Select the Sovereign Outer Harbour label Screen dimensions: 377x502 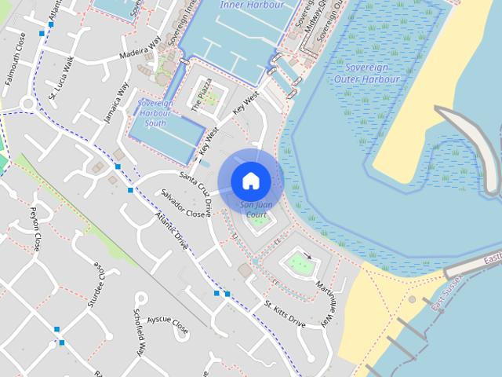coord(366,74)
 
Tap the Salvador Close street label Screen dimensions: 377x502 coord(184,203)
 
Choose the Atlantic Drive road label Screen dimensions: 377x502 coord(172,231)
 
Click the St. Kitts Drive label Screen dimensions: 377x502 coord(285,313)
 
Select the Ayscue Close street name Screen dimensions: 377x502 coord(168,323)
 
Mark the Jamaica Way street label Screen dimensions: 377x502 coord(117,103)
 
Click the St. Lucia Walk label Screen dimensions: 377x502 coord(61,78)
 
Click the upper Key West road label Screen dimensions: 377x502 coord(246,106)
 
